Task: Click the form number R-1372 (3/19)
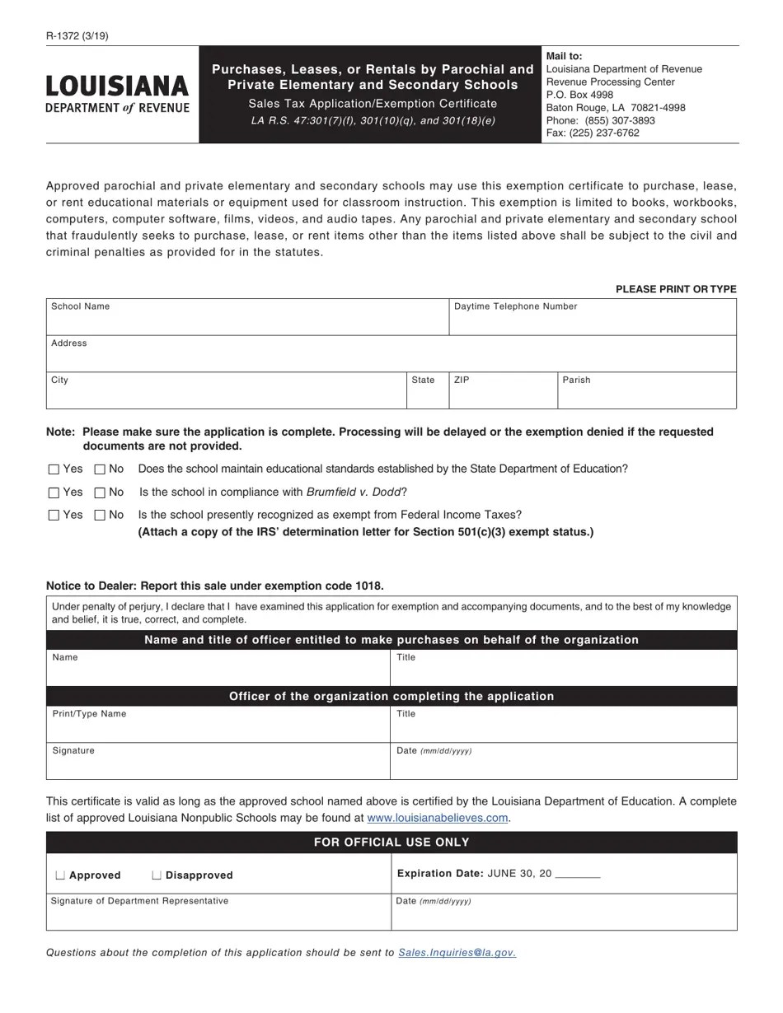[x=77, y=35]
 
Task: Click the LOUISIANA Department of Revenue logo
[x=117, y=94]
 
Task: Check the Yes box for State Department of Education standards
[x=54, y=469]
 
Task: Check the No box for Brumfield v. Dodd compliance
[x=101, y=492]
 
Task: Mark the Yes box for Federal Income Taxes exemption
[x=54, y=516]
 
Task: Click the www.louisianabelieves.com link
[x=437, y=818]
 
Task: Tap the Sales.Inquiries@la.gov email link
[x=457, y=953]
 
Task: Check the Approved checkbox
[x=60, y=875]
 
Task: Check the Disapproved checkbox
[x=157, y=875]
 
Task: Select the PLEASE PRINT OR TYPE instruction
[x=676, y=289]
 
